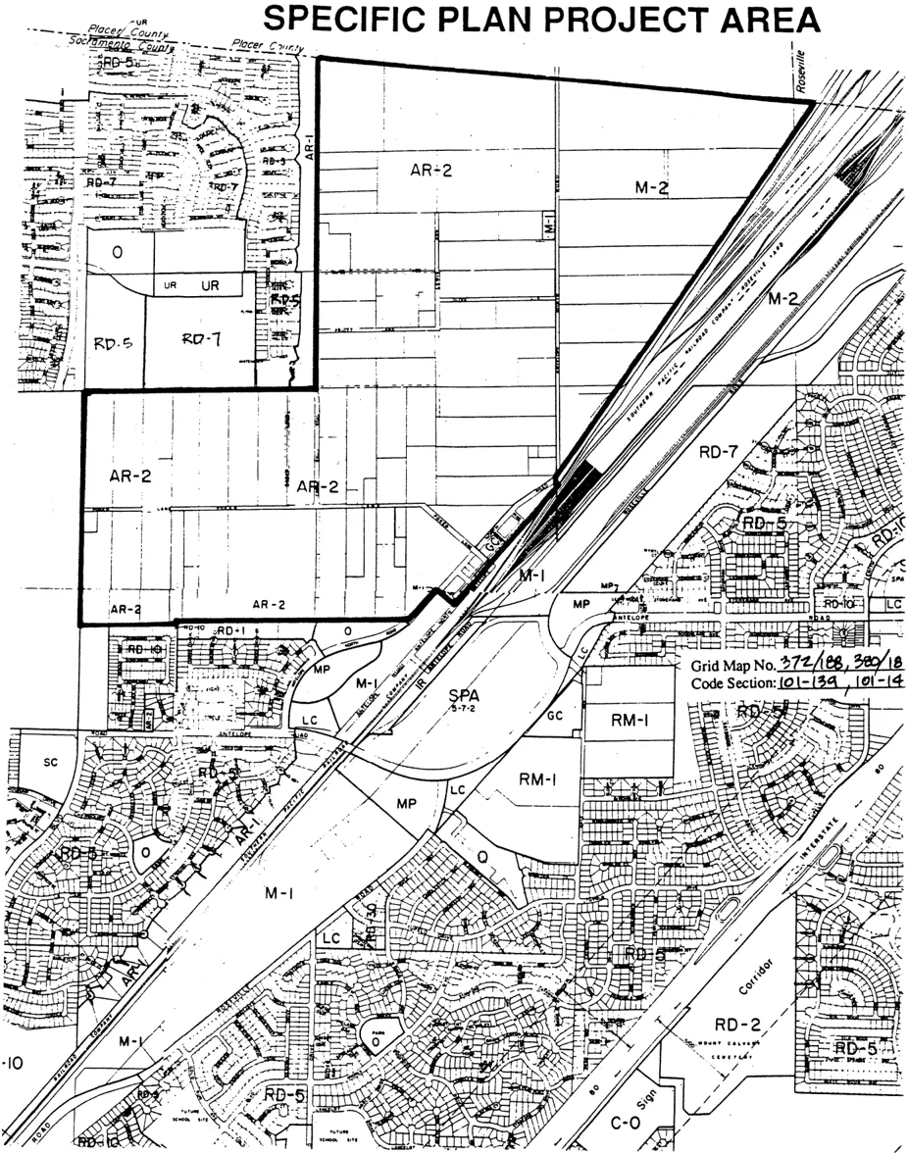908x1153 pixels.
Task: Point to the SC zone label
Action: click(x=52, y=762)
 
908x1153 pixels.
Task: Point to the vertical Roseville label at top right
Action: click(x=801, y=72)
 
